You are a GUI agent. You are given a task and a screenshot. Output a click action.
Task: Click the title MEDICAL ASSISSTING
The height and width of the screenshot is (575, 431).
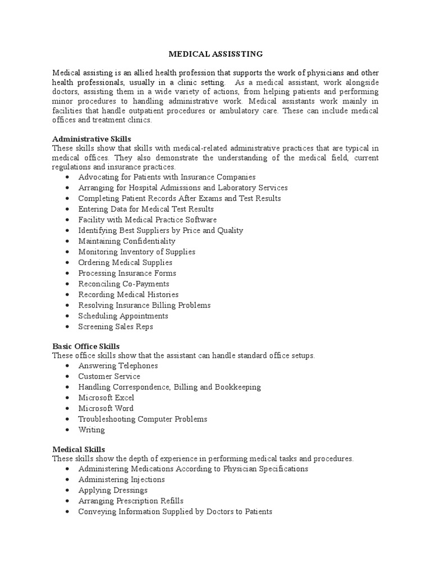pyautogui.click(x=215, y=54)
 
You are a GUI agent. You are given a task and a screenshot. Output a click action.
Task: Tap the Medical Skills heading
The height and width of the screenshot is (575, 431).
pyautogui.click(x=79, y=449)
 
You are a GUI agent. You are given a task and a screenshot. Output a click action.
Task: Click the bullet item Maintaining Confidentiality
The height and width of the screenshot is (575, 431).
pyautogui.click(x=127, y=241)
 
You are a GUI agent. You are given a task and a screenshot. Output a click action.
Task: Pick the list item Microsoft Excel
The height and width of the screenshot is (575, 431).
pyautogui.click(x=106, y=398)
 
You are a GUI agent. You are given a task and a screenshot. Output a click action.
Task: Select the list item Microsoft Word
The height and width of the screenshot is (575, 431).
pyautogui.click(x=106, y=408)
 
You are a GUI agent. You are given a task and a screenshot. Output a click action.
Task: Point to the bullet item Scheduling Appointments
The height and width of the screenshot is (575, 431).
pyautogui.click(x=123, y=316)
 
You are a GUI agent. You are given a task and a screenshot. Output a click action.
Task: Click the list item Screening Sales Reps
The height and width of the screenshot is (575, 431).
pyautogui.click(x=116, y=326)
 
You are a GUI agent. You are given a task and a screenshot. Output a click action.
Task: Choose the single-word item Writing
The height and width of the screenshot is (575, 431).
pyautogui.click(x=91, y=430)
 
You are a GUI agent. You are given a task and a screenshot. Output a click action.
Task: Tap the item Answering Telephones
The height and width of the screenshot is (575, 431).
pyautogui.click(x=118, y=366)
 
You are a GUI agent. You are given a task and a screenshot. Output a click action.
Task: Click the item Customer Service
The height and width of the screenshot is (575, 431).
pyautogui.click(x=109, y=376)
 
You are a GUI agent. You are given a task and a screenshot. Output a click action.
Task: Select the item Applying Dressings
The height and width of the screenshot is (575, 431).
pyautogui.click(x=113, y=490)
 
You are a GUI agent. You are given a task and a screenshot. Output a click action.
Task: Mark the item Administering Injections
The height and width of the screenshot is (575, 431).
pyautogui.click(x=122, y=480)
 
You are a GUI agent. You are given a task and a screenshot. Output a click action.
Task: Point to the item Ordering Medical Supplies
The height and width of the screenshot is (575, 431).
pyautogui.click(x=125, y=262)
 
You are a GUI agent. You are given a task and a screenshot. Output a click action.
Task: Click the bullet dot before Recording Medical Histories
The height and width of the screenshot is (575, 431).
pyautogui.click(x=67, y=295)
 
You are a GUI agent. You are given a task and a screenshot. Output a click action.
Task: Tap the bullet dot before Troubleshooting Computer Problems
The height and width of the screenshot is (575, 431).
pyautogui.click(x=67, y=419)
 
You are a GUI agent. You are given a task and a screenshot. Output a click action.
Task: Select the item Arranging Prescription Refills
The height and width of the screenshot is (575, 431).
pyautogui.click(x=131, y=501)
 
